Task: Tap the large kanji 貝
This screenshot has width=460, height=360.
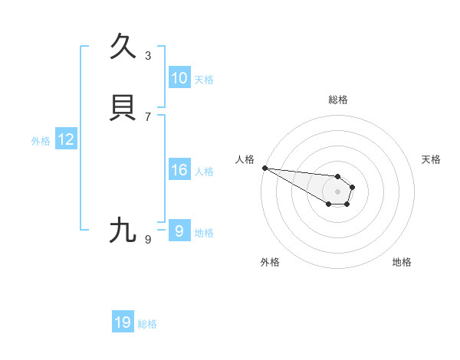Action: [x=123, y=108]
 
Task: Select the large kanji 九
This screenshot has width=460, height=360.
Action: [x=123, y=231]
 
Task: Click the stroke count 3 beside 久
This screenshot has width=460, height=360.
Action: [x=148, y=56]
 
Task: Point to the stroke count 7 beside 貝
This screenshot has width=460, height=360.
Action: [x=148, y=117]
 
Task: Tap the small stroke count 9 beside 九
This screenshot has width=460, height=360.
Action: [x=148, y=240]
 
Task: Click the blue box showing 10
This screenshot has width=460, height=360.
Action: [x=179, y=78]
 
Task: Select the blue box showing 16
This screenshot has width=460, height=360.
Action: [x=179, y=170]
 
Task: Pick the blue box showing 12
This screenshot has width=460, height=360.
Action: [x=66, y=139]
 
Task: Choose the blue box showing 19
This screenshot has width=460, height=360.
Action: [x=123, y=322]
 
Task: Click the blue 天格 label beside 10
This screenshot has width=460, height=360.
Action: [x=204, y=80]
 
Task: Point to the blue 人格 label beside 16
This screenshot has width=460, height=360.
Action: [x=204, y=172]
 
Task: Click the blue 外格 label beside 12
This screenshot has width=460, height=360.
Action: [x=41, y=141]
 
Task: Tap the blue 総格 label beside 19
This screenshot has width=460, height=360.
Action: [x=147, y=324]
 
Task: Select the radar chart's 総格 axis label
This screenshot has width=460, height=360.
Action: [x=338, y=100]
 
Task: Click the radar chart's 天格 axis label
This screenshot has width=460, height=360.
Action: [x=432, y=159]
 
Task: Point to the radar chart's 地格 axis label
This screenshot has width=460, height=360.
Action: [x=402, y=262]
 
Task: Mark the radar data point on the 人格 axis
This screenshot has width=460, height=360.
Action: [x=264, y=168]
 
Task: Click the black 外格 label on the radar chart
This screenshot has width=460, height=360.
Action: [x=270, y=262]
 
